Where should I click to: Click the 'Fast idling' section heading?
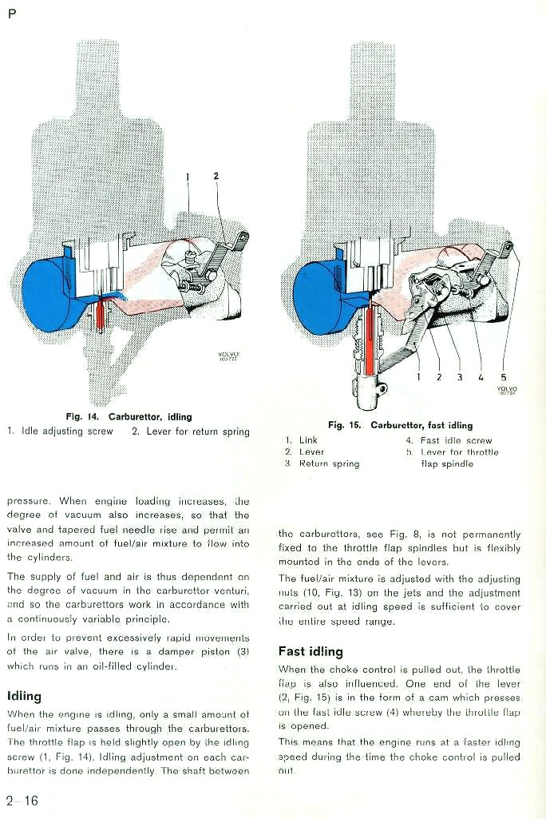tap(311, 651)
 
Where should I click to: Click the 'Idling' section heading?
tap(24, 696)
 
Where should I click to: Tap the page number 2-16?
tap(22, 800)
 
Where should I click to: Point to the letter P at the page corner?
tap(12, 14)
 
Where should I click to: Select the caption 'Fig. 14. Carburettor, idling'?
tap(129, 417)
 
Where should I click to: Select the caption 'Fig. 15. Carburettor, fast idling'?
tap(401, 425)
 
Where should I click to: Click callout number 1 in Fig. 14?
tap(188, 177)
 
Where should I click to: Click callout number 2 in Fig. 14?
tap(216, 176)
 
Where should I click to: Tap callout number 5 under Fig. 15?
tap(503, 376)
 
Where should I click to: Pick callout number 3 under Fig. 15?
tap(460, 376)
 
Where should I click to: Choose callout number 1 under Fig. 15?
tap(418, 376)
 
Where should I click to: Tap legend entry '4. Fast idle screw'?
tap(449, 440)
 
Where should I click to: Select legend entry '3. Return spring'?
tap(322, 463)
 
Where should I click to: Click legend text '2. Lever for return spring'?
tap(191, 431)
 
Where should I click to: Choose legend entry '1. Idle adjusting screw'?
tap(60, 431)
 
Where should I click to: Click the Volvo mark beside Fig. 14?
tap(228, 356)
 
